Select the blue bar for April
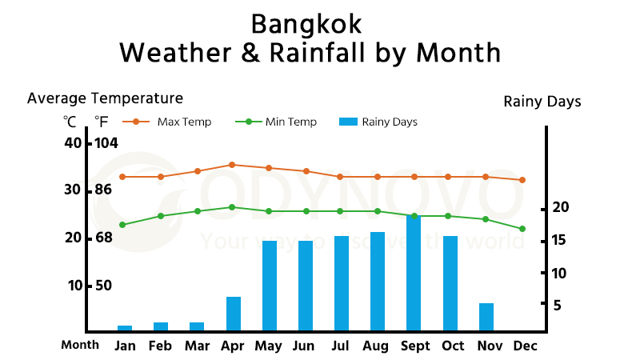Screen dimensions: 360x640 234,314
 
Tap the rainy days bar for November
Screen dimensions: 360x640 486,317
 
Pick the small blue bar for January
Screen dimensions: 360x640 125,328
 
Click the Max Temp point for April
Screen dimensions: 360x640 232,165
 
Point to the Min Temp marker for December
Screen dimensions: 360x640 522,229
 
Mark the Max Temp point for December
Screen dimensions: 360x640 522,180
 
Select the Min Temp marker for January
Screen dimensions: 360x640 122,225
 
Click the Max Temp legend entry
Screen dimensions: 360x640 168,122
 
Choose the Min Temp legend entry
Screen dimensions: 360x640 276,122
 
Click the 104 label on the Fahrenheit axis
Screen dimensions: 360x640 107,143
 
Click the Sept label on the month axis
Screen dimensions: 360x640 414,346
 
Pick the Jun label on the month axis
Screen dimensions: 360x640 304,346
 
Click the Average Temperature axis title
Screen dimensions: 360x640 105,98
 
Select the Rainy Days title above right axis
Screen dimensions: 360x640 542,102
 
